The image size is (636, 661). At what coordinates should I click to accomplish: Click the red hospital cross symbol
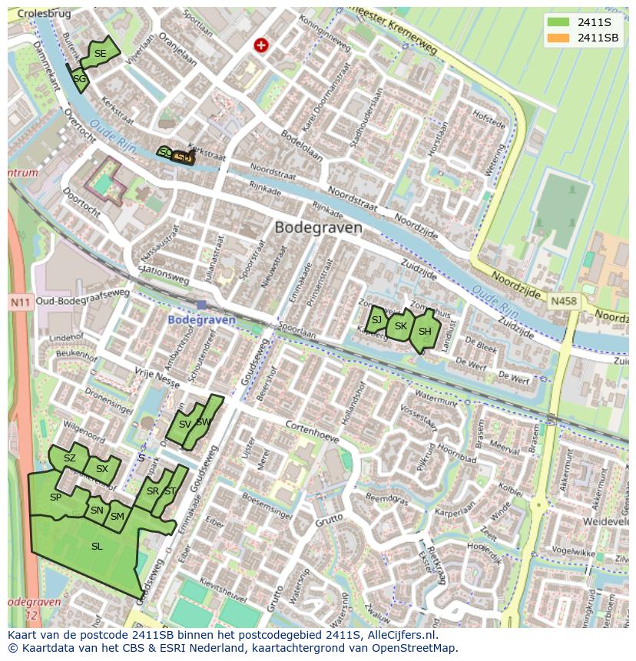click(261, 45)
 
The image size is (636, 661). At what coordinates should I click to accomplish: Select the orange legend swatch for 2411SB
click(558, 38)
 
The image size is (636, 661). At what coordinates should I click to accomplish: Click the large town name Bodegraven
click(318, 228)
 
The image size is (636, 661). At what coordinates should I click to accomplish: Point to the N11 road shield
click(20, 302)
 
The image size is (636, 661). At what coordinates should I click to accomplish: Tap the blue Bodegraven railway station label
click(201, 319)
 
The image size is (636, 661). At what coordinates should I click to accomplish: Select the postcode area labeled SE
click(101, 53)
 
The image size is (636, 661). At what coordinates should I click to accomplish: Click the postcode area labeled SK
click(399, 326)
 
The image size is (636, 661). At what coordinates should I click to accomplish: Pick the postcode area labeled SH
click(424, 331)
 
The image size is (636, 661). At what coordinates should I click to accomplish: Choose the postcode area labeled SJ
click(376, 320)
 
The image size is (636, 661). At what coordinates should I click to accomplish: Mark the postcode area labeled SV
click(184, 425)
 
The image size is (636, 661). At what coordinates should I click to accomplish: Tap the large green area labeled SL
click(96, 547)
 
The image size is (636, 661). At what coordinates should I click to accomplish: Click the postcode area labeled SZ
click(70, 458)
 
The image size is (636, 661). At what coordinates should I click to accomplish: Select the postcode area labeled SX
click(101, 468)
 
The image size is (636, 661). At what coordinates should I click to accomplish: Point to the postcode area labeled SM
click(117, 517)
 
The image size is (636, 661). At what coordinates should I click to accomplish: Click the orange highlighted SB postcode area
click(183, 157)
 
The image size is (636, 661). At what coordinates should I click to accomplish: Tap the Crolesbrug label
click(40, 14)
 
